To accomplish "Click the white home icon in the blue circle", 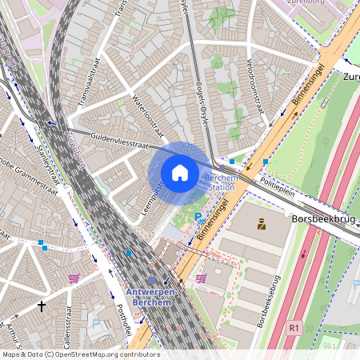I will point(180,173).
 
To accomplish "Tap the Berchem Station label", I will point(220,182).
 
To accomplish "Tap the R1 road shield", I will point(294,328).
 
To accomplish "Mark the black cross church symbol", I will point(42,306).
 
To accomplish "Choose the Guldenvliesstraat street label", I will point(120,142).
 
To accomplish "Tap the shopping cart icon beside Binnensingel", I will point(201,278).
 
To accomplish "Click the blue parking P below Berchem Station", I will point(198,217).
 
